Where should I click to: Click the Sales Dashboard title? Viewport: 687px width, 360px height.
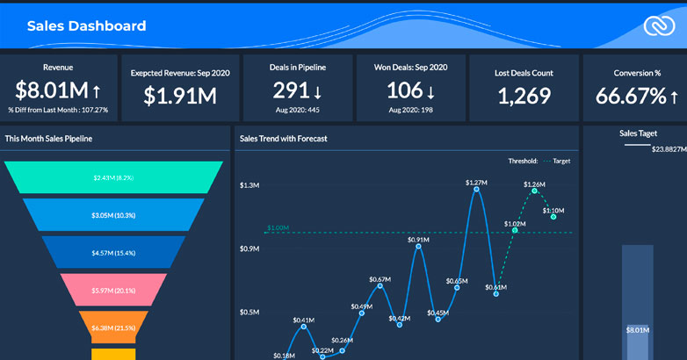(x=86, y=26)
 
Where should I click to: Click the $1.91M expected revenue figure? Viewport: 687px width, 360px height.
(x=180, y=96)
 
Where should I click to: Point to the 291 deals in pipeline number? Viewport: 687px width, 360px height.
(x=290, y=90)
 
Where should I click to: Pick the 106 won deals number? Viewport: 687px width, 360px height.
(x=405, y=90)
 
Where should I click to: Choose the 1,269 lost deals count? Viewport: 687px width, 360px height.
(x=524, y=96)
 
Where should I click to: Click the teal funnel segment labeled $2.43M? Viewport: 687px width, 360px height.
(x=114, y=177)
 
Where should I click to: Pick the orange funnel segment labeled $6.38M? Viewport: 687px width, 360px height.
(x=114, y=328)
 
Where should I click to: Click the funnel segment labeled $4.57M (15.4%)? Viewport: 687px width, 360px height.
(x=114, y=253)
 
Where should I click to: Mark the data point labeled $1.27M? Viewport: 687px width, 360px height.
(x=476, y=191)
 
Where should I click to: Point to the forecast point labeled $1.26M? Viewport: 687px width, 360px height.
(x=533, y=193)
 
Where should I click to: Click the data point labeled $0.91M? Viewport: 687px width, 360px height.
(x=418, y=247)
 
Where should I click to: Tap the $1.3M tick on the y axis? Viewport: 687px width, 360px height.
(x=250, y=185)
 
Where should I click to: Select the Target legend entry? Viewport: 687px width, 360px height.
(x=557, y=162)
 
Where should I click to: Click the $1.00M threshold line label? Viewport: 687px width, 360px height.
(x=277, y=227)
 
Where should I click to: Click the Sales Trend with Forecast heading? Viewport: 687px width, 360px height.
(x=283, y=138)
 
